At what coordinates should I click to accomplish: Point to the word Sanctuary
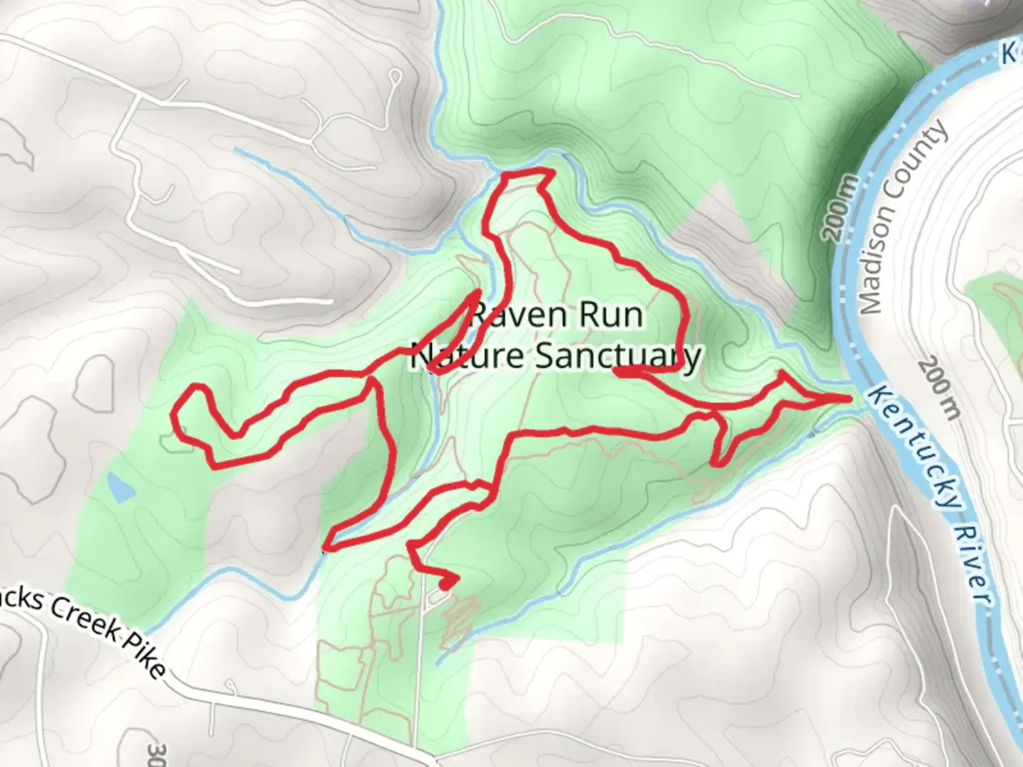pyautogui.click(x=618, y=356)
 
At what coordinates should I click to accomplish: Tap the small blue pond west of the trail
pyautogui.click(x=120, y=486)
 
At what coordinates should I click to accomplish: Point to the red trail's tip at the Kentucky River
pyautogui.click(x=848, y=398)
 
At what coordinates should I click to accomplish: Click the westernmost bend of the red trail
pyautogui.click(x=178, y=415)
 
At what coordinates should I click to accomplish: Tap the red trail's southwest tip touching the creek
pyautogui.click(x=328, y=547)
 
